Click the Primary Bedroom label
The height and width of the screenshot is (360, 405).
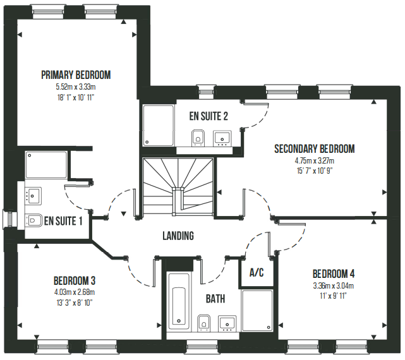coord(76,75)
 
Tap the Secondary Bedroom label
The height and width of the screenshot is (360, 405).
coord(315,149)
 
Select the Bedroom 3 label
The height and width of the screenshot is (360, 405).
coord(75,280)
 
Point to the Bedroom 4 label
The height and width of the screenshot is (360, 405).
coord(334,273)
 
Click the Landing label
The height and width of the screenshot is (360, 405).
coord(178,236)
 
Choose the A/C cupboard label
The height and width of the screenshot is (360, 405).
coord(257,272)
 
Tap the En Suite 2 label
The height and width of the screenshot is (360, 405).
coord(209,116)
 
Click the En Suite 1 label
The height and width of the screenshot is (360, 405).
coord(63,221)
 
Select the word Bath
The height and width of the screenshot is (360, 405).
coord(215,299)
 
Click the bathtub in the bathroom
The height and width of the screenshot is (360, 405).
coord(179,301)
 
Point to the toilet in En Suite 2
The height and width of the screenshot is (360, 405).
coord(198,138)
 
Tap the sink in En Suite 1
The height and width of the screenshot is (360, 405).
coord(33,196)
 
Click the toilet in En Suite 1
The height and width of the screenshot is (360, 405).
coord(33,220)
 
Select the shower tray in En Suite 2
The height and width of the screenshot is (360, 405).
coord(159,126)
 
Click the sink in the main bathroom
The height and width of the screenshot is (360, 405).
coord(227,323)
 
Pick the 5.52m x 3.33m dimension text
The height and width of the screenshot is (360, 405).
coord(76,87)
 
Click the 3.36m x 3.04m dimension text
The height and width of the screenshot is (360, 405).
coord(334,286)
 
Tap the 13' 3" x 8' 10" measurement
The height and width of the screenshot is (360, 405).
coord(75,303)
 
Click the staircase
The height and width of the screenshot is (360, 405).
coord(178,186)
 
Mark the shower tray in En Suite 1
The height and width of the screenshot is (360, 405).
coord(46,165)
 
